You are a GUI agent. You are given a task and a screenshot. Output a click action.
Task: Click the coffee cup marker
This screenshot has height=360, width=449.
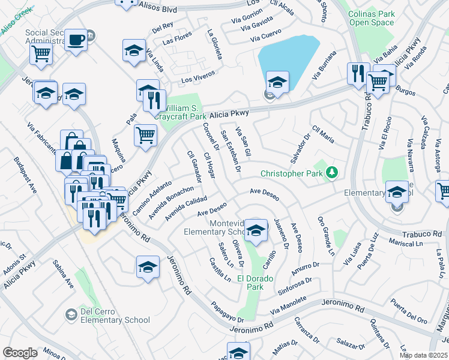click(x=76, y=40)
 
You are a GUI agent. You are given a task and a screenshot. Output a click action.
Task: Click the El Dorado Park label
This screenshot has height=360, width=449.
click(x=259, y=283)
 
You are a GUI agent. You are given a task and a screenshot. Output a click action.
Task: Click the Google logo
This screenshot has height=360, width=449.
click(x=20, y=353)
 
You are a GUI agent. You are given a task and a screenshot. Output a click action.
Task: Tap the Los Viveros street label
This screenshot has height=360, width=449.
click(x=198, y=80)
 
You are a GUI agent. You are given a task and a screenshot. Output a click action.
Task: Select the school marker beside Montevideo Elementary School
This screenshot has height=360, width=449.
click(x=256, y=231)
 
